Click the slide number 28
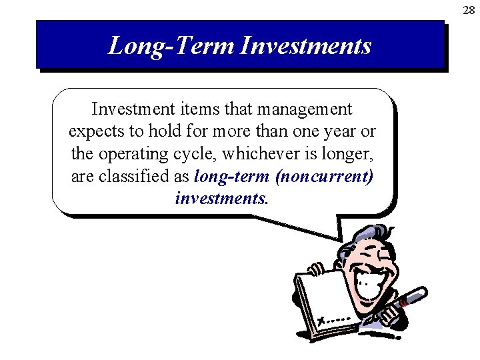coord(469,9)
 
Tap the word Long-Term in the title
coord(171,46)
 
